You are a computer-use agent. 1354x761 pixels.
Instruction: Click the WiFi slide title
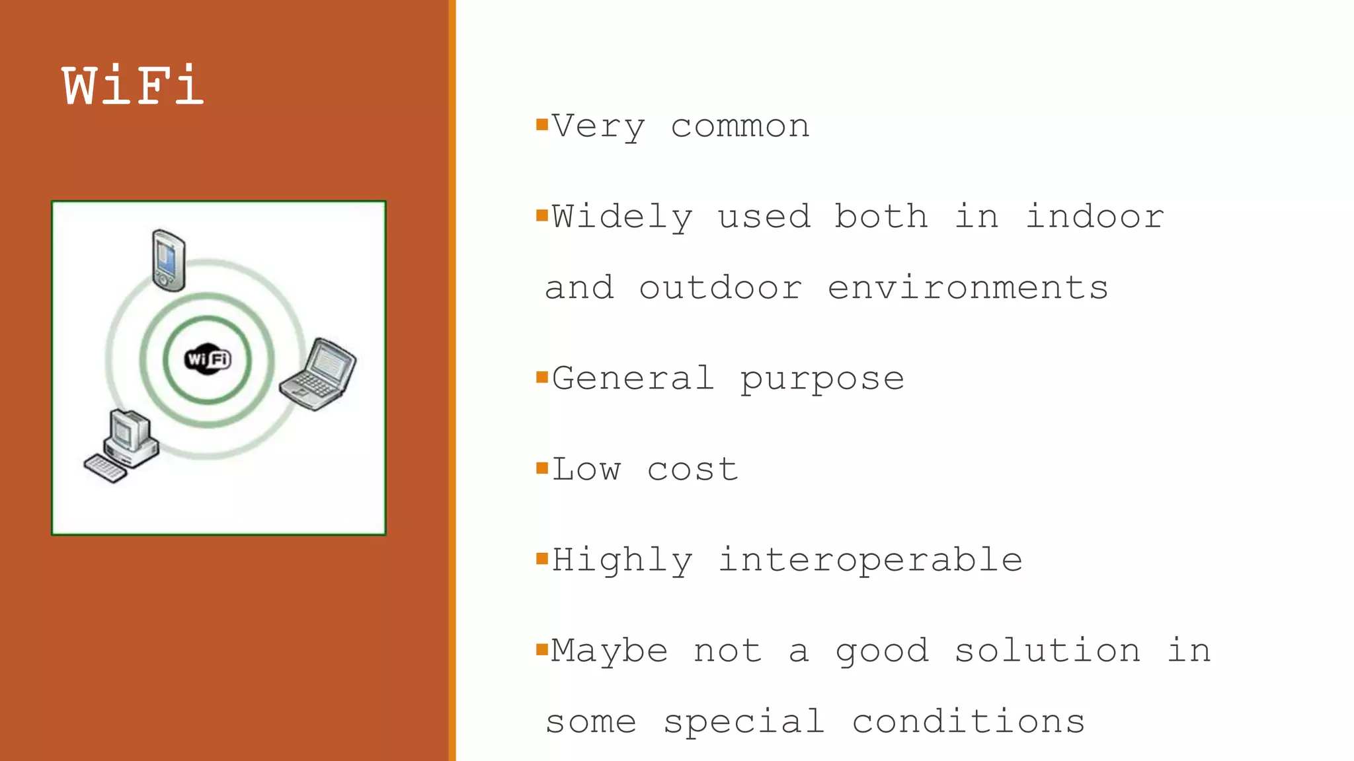click(133, 86)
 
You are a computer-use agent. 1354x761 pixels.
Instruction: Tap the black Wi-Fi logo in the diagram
click(208, 359)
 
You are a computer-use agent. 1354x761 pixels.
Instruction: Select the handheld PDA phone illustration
click(169, 260)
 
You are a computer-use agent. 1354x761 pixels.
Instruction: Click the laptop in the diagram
click(319, 374)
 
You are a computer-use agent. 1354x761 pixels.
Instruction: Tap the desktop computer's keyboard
click(105, 468)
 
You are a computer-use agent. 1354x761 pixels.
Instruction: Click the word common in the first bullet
click(740, 126)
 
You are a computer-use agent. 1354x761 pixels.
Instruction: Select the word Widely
click(622, 217)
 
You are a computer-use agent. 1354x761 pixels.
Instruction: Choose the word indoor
click(1095, 217)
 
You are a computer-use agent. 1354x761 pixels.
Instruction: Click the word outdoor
click(721, 288)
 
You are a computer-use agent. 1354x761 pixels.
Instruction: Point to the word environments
click(968, 288)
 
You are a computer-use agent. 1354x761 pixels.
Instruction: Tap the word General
click(633, 379)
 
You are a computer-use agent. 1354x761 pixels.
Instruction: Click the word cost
click(692, 470)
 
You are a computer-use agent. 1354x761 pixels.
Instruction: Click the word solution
click(1047, 651)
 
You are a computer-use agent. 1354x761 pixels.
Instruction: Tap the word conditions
click(968, 721)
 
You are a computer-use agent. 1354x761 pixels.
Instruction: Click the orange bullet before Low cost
click(542, 468)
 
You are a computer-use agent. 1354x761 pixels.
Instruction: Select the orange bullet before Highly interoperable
click(542, 559)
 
